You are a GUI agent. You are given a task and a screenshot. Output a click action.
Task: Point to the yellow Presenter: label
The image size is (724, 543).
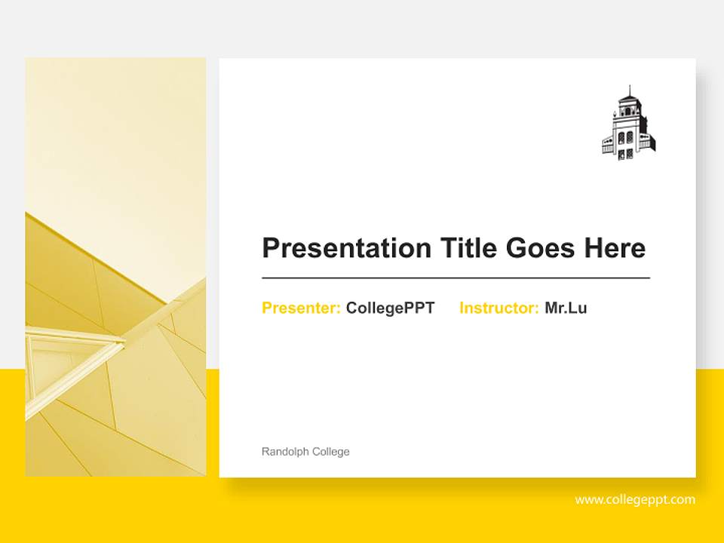pyautogui.click(x=301, y=308)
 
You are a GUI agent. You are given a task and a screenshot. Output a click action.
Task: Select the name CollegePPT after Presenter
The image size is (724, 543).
pyautogui.click(x=390, y=308)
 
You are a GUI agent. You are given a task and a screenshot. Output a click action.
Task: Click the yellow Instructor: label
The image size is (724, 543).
pyautogui.click(x=499, y=308)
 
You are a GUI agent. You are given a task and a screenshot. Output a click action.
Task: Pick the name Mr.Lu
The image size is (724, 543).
pyautogui.click(x=566, y=308)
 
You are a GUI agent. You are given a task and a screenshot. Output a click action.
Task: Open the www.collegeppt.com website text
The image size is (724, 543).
pyautogui.click(x=635, y=499)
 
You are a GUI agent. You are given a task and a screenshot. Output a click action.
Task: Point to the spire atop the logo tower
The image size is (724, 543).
pyautogui.click(x=628, y=90)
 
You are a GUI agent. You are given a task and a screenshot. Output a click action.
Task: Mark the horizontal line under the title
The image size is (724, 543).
pyautogui.click(x=456, y=278)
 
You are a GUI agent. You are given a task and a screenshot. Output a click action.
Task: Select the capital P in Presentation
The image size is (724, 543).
pyautogui.click(x=270, y=248)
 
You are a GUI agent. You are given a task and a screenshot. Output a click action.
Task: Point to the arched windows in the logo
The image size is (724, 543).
pyautogui.click(x=627, y=138)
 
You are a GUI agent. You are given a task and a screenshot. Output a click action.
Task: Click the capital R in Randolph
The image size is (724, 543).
pyautogui.click(x=265, y=452)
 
